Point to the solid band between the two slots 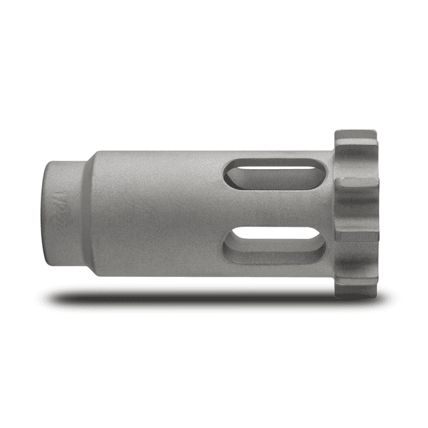coord(274,207)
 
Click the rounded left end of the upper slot coord(230,175)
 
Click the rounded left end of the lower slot coord(231,246)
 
